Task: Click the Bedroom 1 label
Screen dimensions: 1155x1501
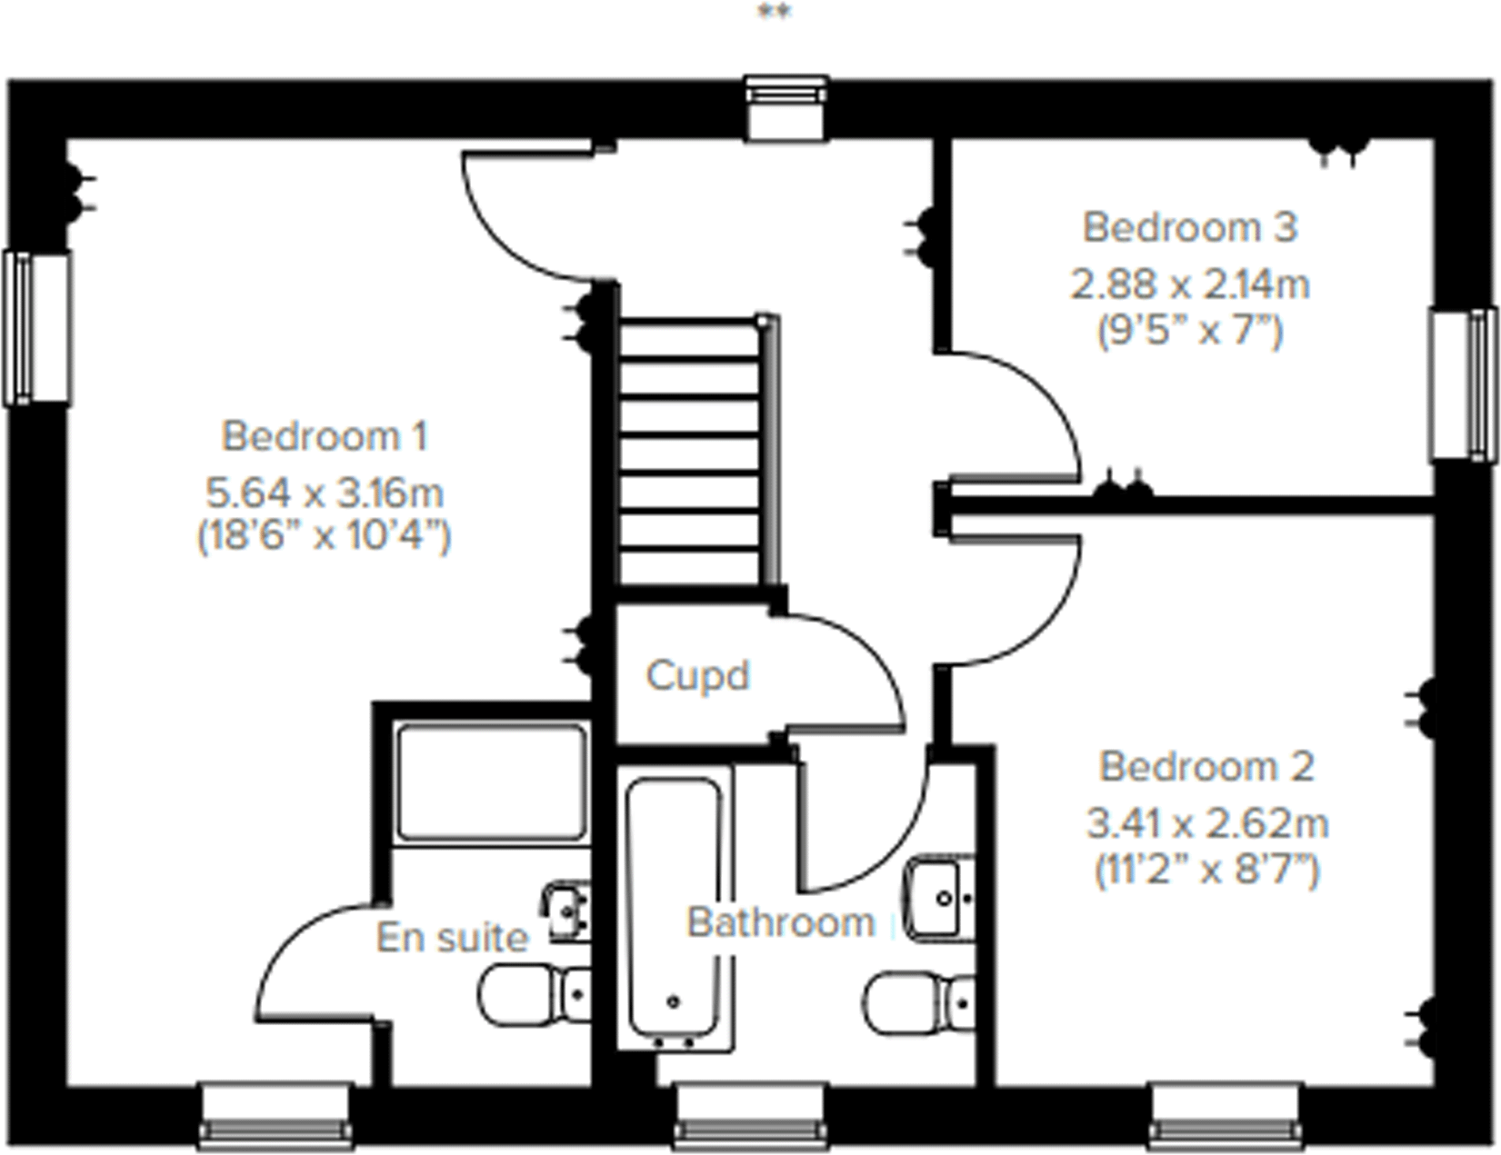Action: click(x=325, y=436)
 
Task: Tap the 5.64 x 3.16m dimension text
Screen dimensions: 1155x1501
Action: click(x=325, y=493)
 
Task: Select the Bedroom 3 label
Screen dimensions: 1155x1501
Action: click(x=1189, y=227)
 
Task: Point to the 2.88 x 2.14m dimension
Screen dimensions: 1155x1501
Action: click(x=1189, y=285)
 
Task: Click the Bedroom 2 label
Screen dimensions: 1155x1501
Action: click(x=1206, y=767)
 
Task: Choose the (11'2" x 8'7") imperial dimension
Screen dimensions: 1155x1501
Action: click(x=1206, y=871)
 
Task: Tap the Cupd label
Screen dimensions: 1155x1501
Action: click(x=697, y=676)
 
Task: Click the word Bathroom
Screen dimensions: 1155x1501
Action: click(x=780, y=922)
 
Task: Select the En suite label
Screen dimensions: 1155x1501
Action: click(x=452, y=938)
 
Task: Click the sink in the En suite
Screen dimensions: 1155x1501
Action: click(x=565, y=909)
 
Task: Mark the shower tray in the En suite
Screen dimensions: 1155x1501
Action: click(x=492, y=782)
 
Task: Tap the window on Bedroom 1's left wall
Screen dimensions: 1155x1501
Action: click(x=36, y=327)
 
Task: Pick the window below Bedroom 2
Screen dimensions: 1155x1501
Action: click(x=1226, y=1113)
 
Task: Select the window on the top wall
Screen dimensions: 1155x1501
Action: click(x=786, y=106)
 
